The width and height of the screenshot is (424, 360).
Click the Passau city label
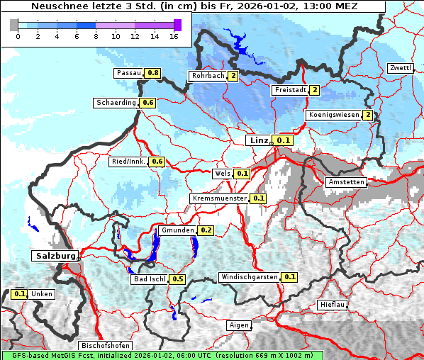click(x=128, y=73)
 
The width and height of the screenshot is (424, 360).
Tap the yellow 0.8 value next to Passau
click(x=153, y=73)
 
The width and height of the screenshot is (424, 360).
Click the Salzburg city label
click(x=54, y=255)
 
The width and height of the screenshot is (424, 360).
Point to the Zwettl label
click(x=400, y=68)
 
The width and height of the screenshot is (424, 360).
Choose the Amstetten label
click(x=345, y=182)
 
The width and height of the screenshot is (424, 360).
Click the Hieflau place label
click(x=333, y=305)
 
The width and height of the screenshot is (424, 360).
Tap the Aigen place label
click(x=240, y=325)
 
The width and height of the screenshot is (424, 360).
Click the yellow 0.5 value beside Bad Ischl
click(x=178, y=279)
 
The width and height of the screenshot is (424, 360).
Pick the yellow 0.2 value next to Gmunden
click(x=206, y=230)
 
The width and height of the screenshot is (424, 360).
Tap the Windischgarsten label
click(x=249, y=277)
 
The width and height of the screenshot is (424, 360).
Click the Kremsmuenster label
click(x=219, y=198)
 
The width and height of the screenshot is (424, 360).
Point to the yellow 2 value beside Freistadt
click(x=314, y=90)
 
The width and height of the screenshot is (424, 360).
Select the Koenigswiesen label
click(x=333, y=115)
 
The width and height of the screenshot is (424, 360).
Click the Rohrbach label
click(x=207, y=76)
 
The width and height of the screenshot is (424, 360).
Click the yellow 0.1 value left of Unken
click(x=20, y=294)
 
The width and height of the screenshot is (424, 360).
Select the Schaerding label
click(x=116, y=103)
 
